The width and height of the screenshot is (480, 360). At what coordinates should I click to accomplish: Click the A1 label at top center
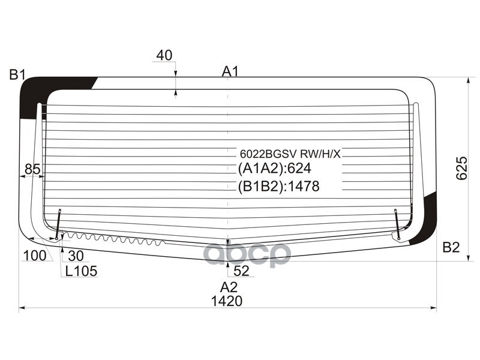pos(230,71)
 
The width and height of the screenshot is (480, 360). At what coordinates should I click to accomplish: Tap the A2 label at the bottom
pos(229,286)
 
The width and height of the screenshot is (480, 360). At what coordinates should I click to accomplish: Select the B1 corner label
pos(17,75)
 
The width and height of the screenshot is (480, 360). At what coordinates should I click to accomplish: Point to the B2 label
pos(451,247)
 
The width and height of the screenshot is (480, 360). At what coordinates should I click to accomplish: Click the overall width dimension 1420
pos(228,301)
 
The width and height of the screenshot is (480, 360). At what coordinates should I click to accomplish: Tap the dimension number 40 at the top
pos(164,56)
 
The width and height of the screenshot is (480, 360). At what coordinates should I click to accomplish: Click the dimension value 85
pos(33,170)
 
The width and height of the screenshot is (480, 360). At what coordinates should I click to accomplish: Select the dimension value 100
pos(34,256)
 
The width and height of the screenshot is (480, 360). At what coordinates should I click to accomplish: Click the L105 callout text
pos(81,271)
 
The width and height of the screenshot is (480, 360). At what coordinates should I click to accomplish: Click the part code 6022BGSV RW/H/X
pos(290,154)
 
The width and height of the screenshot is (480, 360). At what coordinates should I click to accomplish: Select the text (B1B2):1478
pos(279,187)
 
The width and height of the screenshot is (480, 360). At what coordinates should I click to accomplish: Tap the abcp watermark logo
pos(247,254)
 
